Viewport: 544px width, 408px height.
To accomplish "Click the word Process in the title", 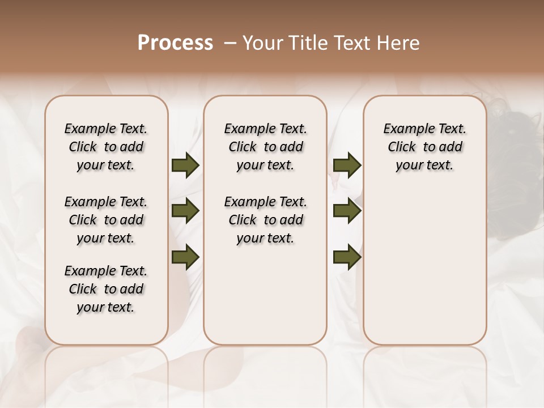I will click(175, 42).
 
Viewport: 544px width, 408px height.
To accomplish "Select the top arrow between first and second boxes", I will click(185, 165).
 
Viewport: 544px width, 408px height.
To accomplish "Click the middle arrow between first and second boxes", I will click(185, 211).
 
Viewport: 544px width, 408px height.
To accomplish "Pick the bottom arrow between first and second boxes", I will click(185, 257).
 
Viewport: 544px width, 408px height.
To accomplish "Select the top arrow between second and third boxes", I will click(347, 165).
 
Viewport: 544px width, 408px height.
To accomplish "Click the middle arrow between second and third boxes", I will click(347, 211).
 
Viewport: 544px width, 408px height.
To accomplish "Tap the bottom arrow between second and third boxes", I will click(347, 257).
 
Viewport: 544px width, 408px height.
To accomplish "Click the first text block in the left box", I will click(106, 147).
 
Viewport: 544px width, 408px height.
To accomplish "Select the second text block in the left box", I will click(106, 220).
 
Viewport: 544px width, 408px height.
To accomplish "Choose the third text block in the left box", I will click(106, 289).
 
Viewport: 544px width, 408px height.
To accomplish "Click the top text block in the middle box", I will click(266, 147).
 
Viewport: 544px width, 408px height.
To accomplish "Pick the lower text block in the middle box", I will click(266, 220).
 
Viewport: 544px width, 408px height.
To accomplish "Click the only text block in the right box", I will click(425, 147).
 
